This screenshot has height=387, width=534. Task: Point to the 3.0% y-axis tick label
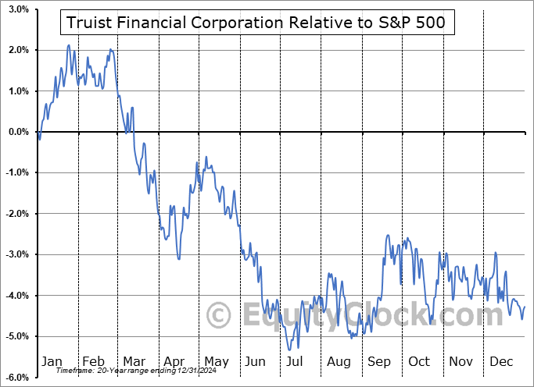pyautogui.click(x=16, y=9)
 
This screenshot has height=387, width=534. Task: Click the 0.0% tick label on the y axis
pyautogui.click(x=16, y=132)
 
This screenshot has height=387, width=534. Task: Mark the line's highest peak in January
pyautogui.click(x=68, y=45)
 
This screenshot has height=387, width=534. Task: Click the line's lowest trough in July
pyautogui.click(x=297, y=349)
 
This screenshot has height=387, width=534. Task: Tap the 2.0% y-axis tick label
pyautogui.click(x=16, y=50)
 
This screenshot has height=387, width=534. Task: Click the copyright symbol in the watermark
pyautogui.click(x=219, y=315)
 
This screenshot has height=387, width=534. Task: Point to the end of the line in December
pyautogui.click(x=525, y=307)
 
